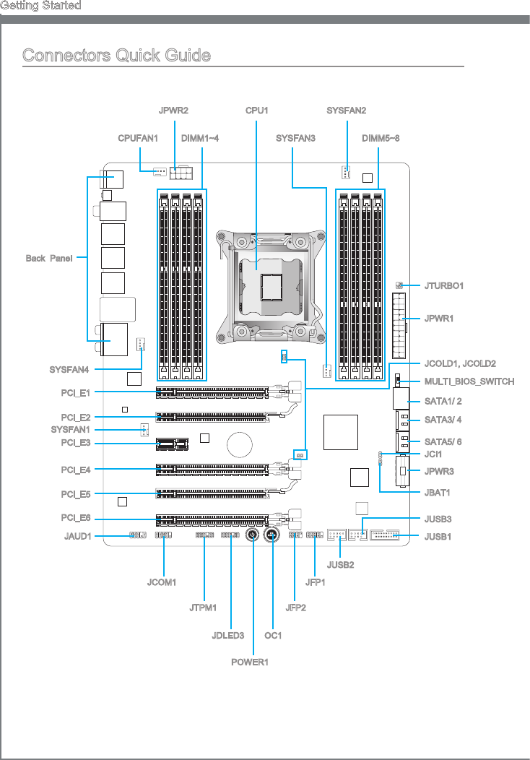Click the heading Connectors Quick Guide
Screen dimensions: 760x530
[x=116, y=56]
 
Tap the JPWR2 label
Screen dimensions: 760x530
[x=173, y=111]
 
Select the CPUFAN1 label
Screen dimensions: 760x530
[x=138, y=137]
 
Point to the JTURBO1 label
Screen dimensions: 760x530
[x=444, y=286]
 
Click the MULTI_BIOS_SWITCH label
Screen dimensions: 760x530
[x=469, y=381]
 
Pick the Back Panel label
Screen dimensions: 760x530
[x=49, y=259]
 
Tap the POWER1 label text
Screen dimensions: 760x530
[x=253, y=662]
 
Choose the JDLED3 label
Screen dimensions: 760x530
[x=228, y=636]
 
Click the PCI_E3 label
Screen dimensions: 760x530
[x=76, y=443]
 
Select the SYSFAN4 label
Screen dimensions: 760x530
[x=69, y=370]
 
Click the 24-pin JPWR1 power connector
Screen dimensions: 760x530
[x=399, y=326]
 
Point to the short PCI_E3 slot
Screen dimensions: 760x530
[x=168, y=443]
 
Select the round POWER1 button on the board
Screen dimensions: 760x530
[x=253, y=535]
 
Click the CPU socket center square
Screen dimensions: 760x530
[x=271, y=287]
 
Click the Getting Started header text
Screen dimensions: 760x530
[x=40, y=6]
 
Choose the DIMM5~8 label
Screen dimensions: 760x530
[x=381, y=137]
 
